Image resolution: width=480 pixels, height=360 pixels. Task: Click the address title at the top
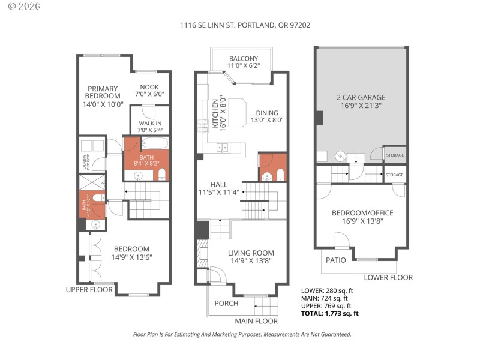pyautogui.click(x=245, y=25)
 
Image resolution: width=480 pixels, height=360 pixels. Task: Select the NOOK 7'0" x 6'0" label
pyautogui.click(x=150, y=91)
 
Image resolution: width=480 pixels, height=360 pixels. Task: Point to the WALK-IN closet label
pyautogui.click(x=150, y=127)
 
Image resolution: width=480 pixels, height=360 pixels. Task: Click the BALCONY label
pyautogui.click(x=243, y=62)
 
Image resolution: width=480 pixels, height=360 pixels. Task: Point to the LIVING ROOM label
pyautogui.click(x=251, y=257)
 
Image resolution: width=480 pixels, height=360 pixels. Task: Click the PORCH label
pyautogui.click(x=226, y=303)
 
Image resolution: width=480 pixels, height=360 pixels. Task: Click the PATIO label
pyautogui.click(x=335, y=260)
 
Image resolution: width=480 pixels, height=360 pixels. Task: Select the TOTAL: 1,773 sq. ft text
pyautogui.click(x=329, y=313)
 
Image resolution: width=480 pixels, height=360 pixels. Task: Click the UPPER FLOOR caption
pyautogui.click(x=89, y=290)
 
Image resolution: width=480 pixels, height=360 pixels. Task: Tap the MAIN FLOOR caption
pyautogui.click(x=256, y=321)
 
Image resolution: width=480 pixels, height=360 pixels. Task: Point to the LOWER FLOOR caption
pyautogui.click(x=388, y=277)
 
